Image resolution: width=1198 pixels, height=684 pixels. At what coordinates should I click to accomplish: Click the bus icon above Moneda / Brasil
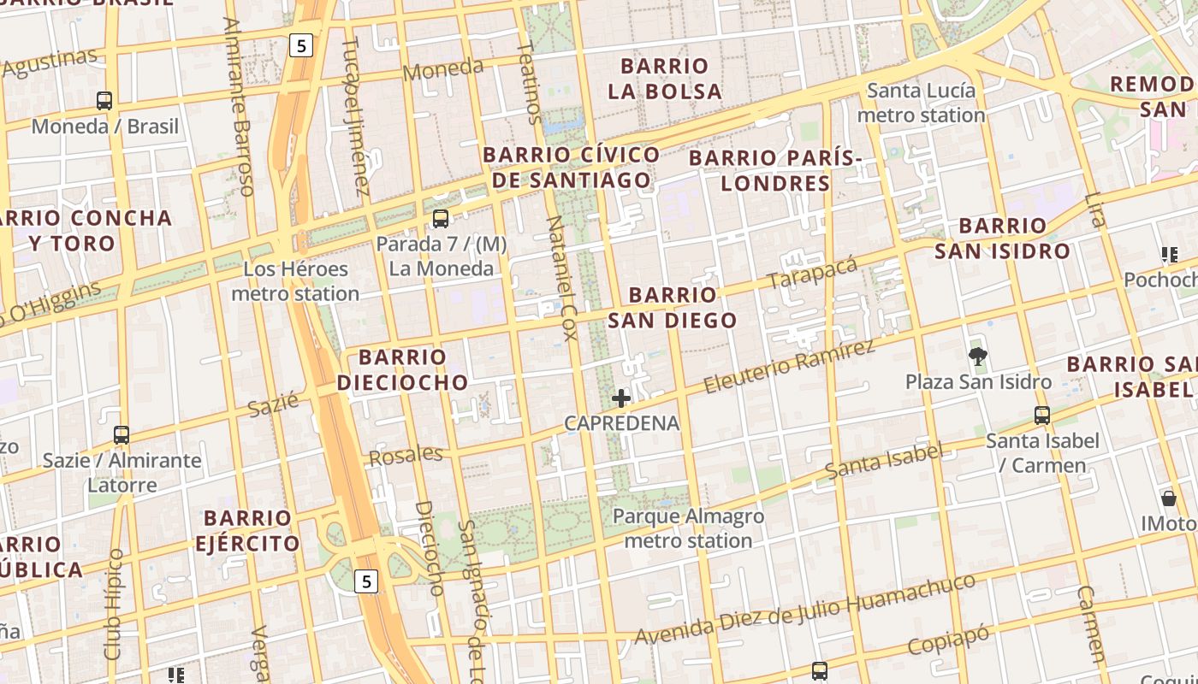coord(104,101)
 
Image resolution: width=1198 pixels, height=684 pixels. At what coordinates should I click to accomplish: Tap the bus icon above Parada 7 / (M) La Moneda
coord(441,219)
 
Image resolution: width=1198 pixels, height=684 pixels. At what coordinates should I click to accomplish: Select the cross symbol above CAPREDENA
coord(621,398)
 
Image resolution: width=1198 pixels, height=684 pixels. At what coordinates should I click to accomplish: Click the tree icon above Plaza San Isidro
coord(977,357)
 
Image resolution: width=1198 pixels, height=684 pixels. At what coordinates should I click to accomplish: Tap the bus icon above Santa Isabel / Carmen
coord(1041,416)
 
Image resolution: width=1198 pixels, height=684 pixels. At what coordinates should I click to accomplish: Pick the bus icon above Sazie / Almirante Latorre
coord(122,435)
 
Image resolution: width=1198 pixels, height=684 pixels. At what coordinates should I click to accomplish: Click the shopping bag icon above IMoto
coord(1168,498)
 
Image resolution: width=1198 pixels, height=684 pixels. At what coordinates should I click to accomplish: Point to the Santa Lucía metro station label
coord(921,103)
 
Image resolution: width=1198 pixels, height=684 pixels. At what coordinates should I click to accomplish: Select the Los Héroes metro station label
coord(295,281)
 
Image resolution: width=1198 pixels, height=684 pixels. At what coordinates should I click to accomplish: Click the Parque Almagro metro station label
coord(688,528)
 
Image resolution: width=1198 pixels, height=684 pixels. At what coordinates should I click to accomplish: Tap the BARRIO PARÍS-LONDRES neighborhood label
coord(774,170)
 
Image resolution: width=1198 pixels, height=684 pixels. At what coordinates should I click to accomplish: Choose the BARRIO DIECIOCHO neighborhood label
coord(402,369)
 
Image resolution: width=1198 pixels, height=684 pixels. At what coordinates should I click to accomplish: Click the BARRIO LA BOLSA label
coord(665,79)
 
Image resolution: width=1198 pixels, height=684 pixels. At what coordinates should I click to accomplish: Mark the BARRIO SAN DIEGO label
coord(672,308)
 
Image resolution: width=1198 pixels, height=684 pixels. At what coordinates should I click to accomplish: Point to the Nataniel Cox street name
coord(562,278)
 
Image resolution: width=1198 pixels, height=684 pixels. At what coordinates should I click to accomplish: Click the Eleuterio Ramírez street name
coord(789,366)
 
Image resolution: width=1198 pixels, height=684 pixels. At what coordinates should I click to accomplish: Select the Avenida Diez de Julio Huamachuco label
coord(804,609)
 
